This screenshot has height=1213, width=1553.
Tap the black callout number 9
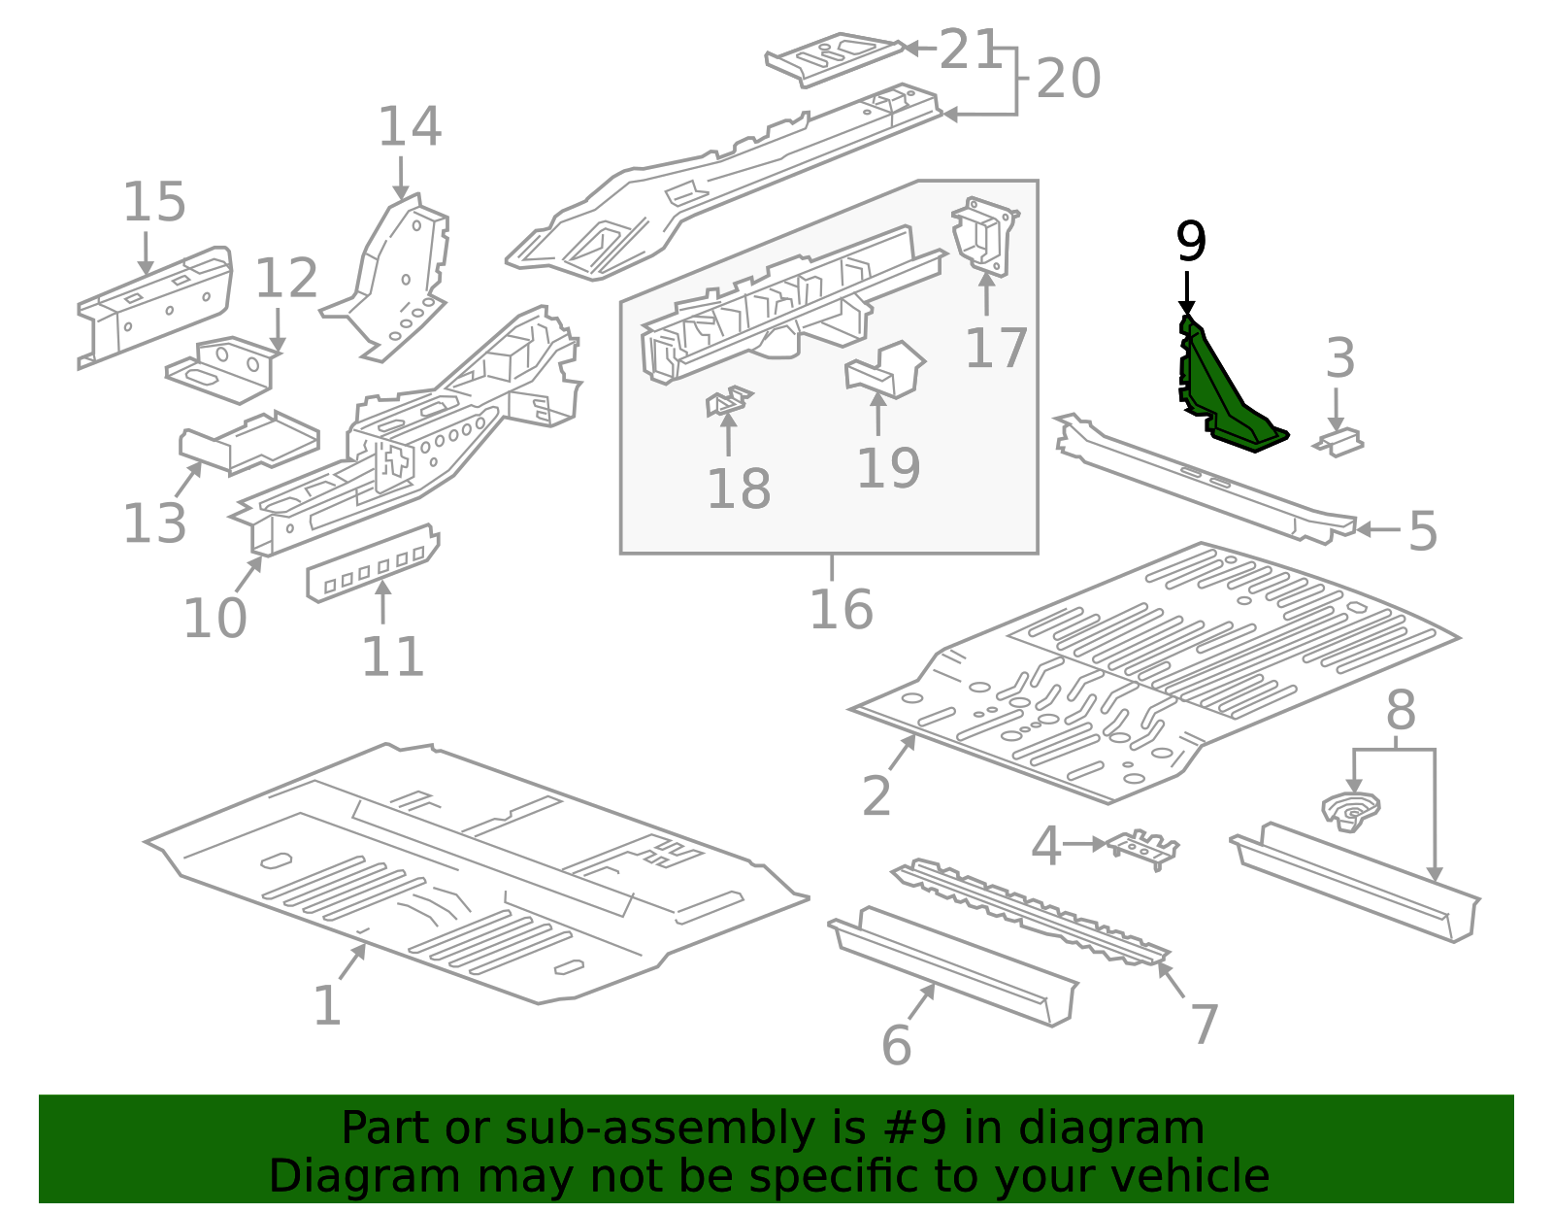coord(1191,242)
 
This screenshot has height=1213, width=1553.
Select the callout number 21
coord(970,50)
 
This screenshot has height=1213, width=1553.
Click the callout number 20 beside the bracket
coord(1068,79)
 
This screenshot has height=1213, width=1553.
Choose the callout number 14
coord(410,126)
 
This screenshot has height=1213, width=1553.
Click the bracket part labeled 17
coord(984,235)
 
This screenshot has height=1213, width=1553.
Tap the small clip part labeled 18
coord(728,401)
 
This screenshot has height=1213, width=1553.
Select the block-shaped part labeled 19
coord(884,369)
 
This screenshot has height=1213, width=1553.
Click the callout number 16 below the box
coord(842,610)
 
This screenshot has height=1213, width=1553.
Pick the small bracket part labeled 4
coord(1141,849)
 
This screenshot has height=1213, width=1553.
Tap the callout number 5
coord(1422,531)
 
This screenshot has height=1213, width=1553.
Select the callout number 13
coord(154,523)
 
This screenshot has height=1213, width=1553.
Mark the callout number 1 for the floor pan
coord(326,1006)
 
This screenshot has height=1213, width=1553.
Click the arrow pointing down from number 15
coord(146,253)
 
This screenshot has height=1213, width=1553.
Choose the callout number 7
coord(1205,1025)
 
